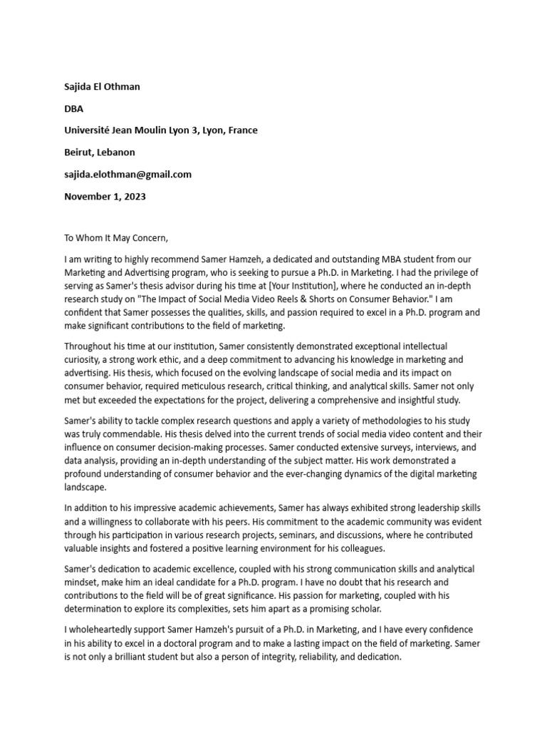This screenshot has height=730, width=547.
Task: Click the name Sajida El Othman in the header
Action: coord(102,87)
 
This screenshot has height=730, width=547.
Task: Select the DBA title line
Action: coord(73,109)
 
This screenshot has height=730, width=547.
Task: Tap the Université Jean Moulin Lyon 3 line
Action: coord(161,130)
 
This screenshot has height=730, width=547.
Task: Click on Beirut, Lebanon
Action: coord(99,153)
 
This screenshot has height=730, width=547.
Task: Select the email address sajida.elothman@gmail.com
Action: coord(127,175)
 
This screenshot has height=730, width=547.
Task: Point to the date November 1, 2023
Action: coord(105,196)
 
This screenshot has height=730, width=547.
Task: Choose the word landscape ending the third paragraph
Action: coord(85,488)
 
